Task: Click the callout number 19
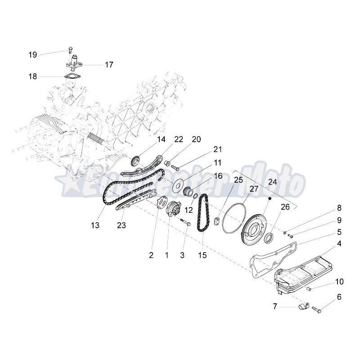tap(32, 55)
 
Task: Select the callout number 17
tap(109, 65)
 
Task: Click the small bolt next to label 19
tap(70, 49)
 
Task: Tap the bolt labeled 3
tap(186, 222)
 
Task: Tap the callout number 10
tap(339, 282)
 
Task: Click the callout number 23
tap(121, 225)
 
